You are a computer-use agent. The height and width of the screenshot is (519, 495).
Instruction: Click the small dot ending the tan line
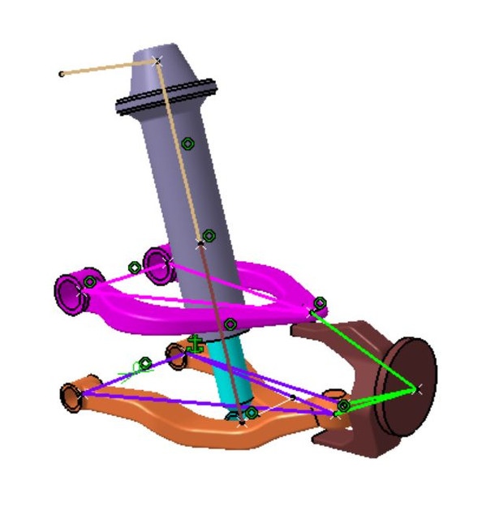click(62, 75)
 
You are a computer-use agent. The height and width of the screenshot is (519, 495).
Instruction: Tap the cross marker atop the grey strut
click(158, 60)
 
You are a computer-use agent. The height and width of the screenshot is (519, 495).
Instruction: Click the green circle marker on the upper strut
click(188, 144)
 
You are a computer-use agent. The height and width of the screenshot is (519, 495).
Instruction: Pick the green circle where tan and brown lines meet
click(209, 236)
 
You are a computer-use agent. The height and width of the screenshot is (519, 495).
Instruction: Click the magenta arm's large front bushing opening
click(68, 291)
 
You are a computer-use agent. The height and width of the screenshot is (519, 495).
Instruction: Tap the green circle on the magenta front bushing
click(90, 282)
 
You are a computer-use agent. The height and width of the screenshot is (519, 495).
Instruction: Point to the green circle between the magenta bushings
click(135, 267)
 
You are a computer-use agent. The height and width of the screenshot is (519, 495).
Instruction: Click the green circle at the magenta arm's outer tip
click(320, 303)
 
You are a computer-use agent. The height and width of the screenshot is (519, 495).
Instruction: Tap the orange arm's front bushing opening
click(71, 397)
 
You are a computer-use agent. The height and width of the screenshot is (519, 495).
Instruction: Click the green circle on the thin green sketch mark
click(144, 364)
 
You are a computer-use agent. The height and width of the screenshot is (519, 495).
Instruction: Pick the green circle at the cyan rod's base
click(252, 413)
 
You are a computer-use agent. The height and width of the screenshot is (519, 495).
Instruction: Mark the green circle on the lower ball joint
click(343, 405)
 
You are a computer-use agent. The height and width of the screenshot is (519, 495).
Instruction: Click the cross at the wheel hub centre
click(417, 390)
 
